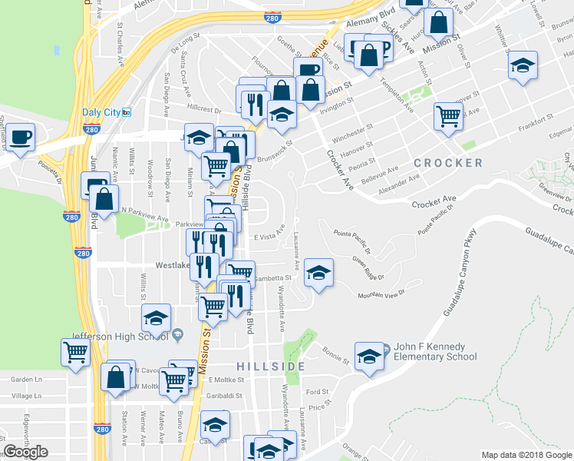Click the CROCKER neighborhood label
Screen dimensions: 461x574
point(448,163)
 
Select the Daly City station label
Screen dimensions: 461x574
point(101,112)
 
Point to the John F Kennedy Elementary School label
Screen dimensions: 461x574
point(434,351)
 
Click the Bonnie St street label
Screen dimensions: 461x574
point(335,358)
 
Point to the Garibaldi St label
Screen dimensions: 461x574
point(224,396)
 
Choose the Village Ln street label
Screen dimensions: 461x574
point(26,396)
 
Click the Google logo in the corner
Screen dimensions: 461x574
point(25,452)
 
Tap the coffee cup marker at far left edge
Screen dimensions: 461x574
point(21,138)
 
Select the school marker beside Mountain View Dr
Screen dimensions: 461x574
point(318,272)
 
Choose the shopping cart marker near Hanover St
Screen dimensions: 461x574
point(448,116)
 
